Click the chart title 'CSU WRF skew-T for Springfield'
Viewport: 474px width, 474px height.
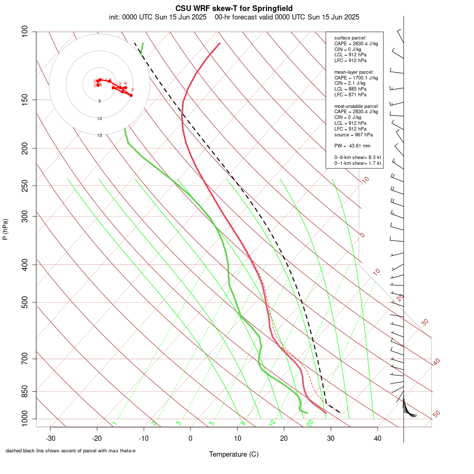pos(234,8)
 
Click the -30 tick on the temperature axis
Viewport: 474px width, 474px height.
pos(51,438)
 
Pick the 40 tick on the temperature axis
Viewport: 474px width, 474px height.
pos(377,438)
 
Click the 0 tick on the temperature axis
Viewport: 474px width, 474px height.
pos(191,438)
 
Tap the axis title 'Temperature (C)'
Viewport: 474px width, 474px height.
pos(234,454)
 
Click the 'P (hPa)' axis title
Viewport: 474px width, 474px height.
pos(5,229)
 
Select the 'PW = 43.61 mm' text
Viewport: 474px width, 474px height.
pos(352,145)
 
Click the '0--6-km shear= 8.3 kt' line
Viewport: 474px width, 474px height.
pos(358,157)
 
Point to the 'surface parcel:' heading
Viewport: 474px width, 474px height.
pos(350,38)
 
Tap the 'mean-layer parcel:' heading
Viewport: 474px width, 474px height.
pos(354,72)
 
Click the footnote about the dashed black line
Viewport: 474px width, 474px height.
pos(71,451)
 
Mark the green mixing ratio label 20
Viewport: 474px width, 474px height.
pos(310,423)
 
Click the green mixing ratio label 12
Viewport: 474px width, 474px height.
pos(272,423)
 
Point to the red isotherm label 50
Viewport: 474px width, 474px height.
pos(436,414)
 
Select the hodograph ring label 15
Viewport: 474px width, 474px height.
pos(99,135)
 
